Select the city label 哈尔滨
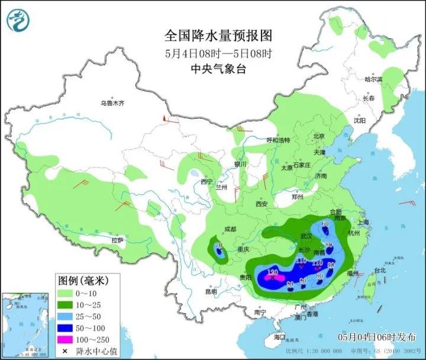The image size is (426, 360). [x=373, y=79]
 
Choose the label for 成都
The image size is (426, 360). [x=230, y=229]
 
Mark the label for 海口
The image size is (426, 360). [x=279, y=337]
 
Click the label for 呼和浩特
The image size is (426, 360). [x=278, y=141]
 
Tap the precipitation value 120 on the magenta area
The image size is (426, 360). [x=273, y=272]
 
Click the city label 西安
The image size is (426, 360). [x=262, y=204]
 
